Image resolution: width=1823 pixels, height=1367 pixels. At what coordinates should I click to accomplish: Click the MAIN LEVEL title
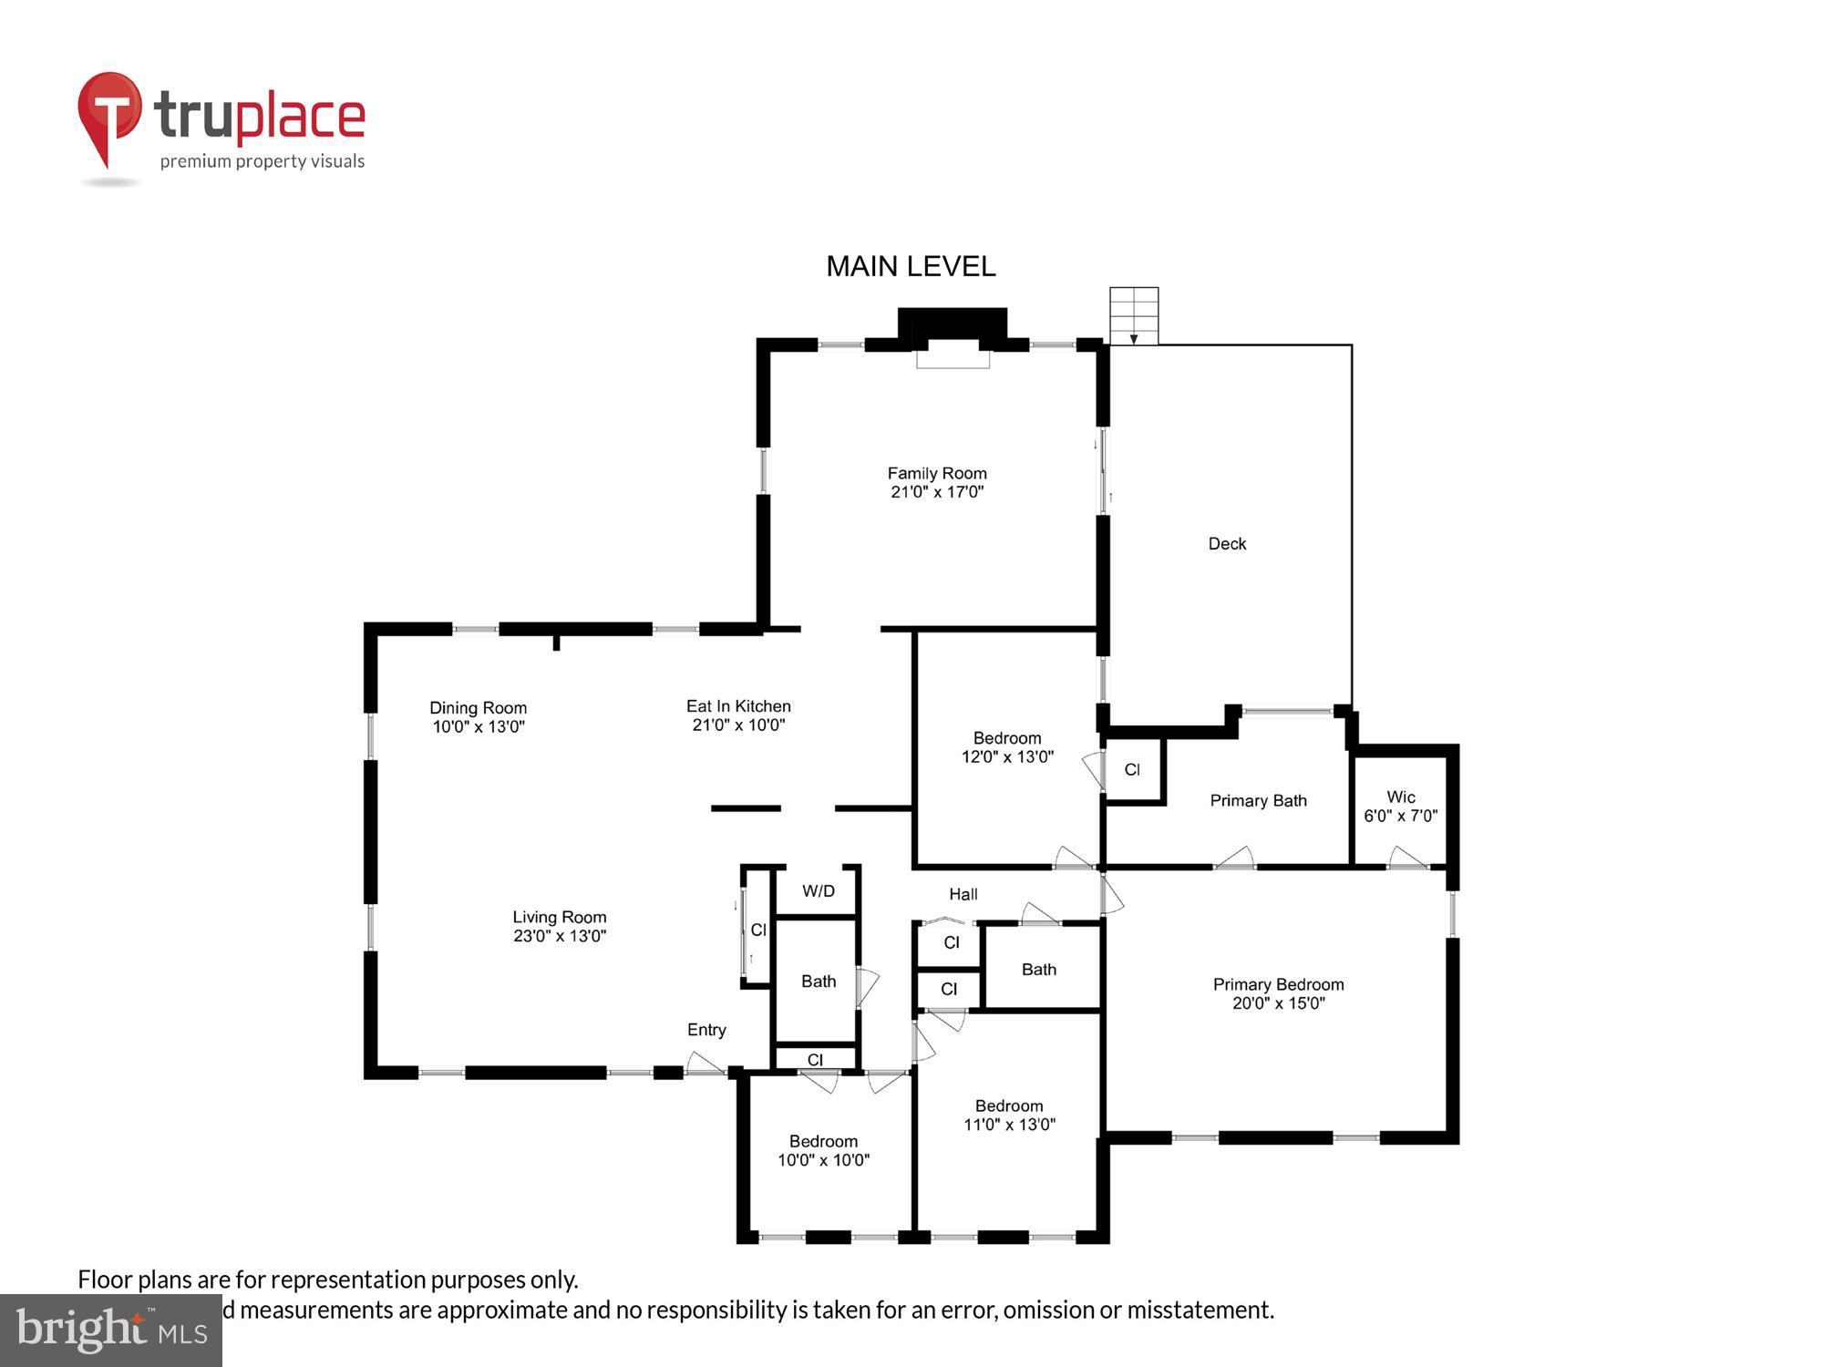(911, 266)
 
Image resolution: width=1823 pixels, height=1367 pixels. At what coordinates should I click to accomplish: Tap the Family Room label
(937, 474)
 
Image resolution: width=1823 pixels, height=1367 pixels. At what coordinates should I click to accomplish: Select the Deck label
(1227, 544)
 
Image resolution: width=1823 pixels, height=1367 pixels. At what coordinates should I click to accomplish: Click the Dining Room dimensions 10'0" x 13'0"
(479, 727)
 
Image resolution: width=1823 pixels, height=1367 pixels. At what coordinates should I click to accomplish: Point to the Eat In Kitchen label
(738, 706)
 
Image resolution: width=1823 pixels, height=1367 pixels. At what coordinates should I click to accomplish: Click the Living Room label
(559, 918)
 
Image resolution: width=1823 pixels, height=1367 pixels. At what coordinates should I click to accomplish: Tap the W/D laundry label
(818, 891)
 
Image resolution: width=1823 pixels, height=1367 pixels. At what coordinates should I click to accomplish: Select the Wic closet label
(1400, 797)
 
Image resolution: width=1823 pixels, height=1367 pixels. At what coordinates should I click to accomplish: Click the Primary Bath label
(1258, 801)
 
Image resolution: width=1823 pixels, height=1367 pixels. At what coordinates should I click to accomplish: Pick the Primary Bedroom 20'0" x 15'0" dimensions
(1278, 1003)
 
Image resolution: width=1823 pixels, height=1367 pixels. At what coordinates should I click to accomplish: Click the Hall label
(963, 895)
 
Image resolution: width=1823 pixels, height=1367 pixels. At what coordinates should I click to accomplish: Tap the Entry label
(706, 1030)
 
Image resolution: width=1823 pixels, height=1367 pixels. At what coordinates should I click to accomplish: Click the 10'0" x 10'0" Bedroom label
(823, 1142)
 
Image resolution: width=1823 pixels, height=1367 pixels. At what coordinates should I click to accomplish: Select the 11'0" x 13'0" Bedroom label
(1009, 1106)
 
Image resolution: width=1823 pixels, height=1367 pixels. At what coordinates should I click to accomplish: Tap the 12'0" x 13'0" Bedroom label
(1007, 738)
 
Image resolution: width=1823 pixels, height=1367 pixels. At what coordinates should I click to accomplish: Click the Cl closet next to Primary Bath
(1132, 770)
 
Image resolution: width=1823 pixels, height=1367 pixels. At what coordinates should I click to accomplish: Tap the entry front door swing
(705, 1064)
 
